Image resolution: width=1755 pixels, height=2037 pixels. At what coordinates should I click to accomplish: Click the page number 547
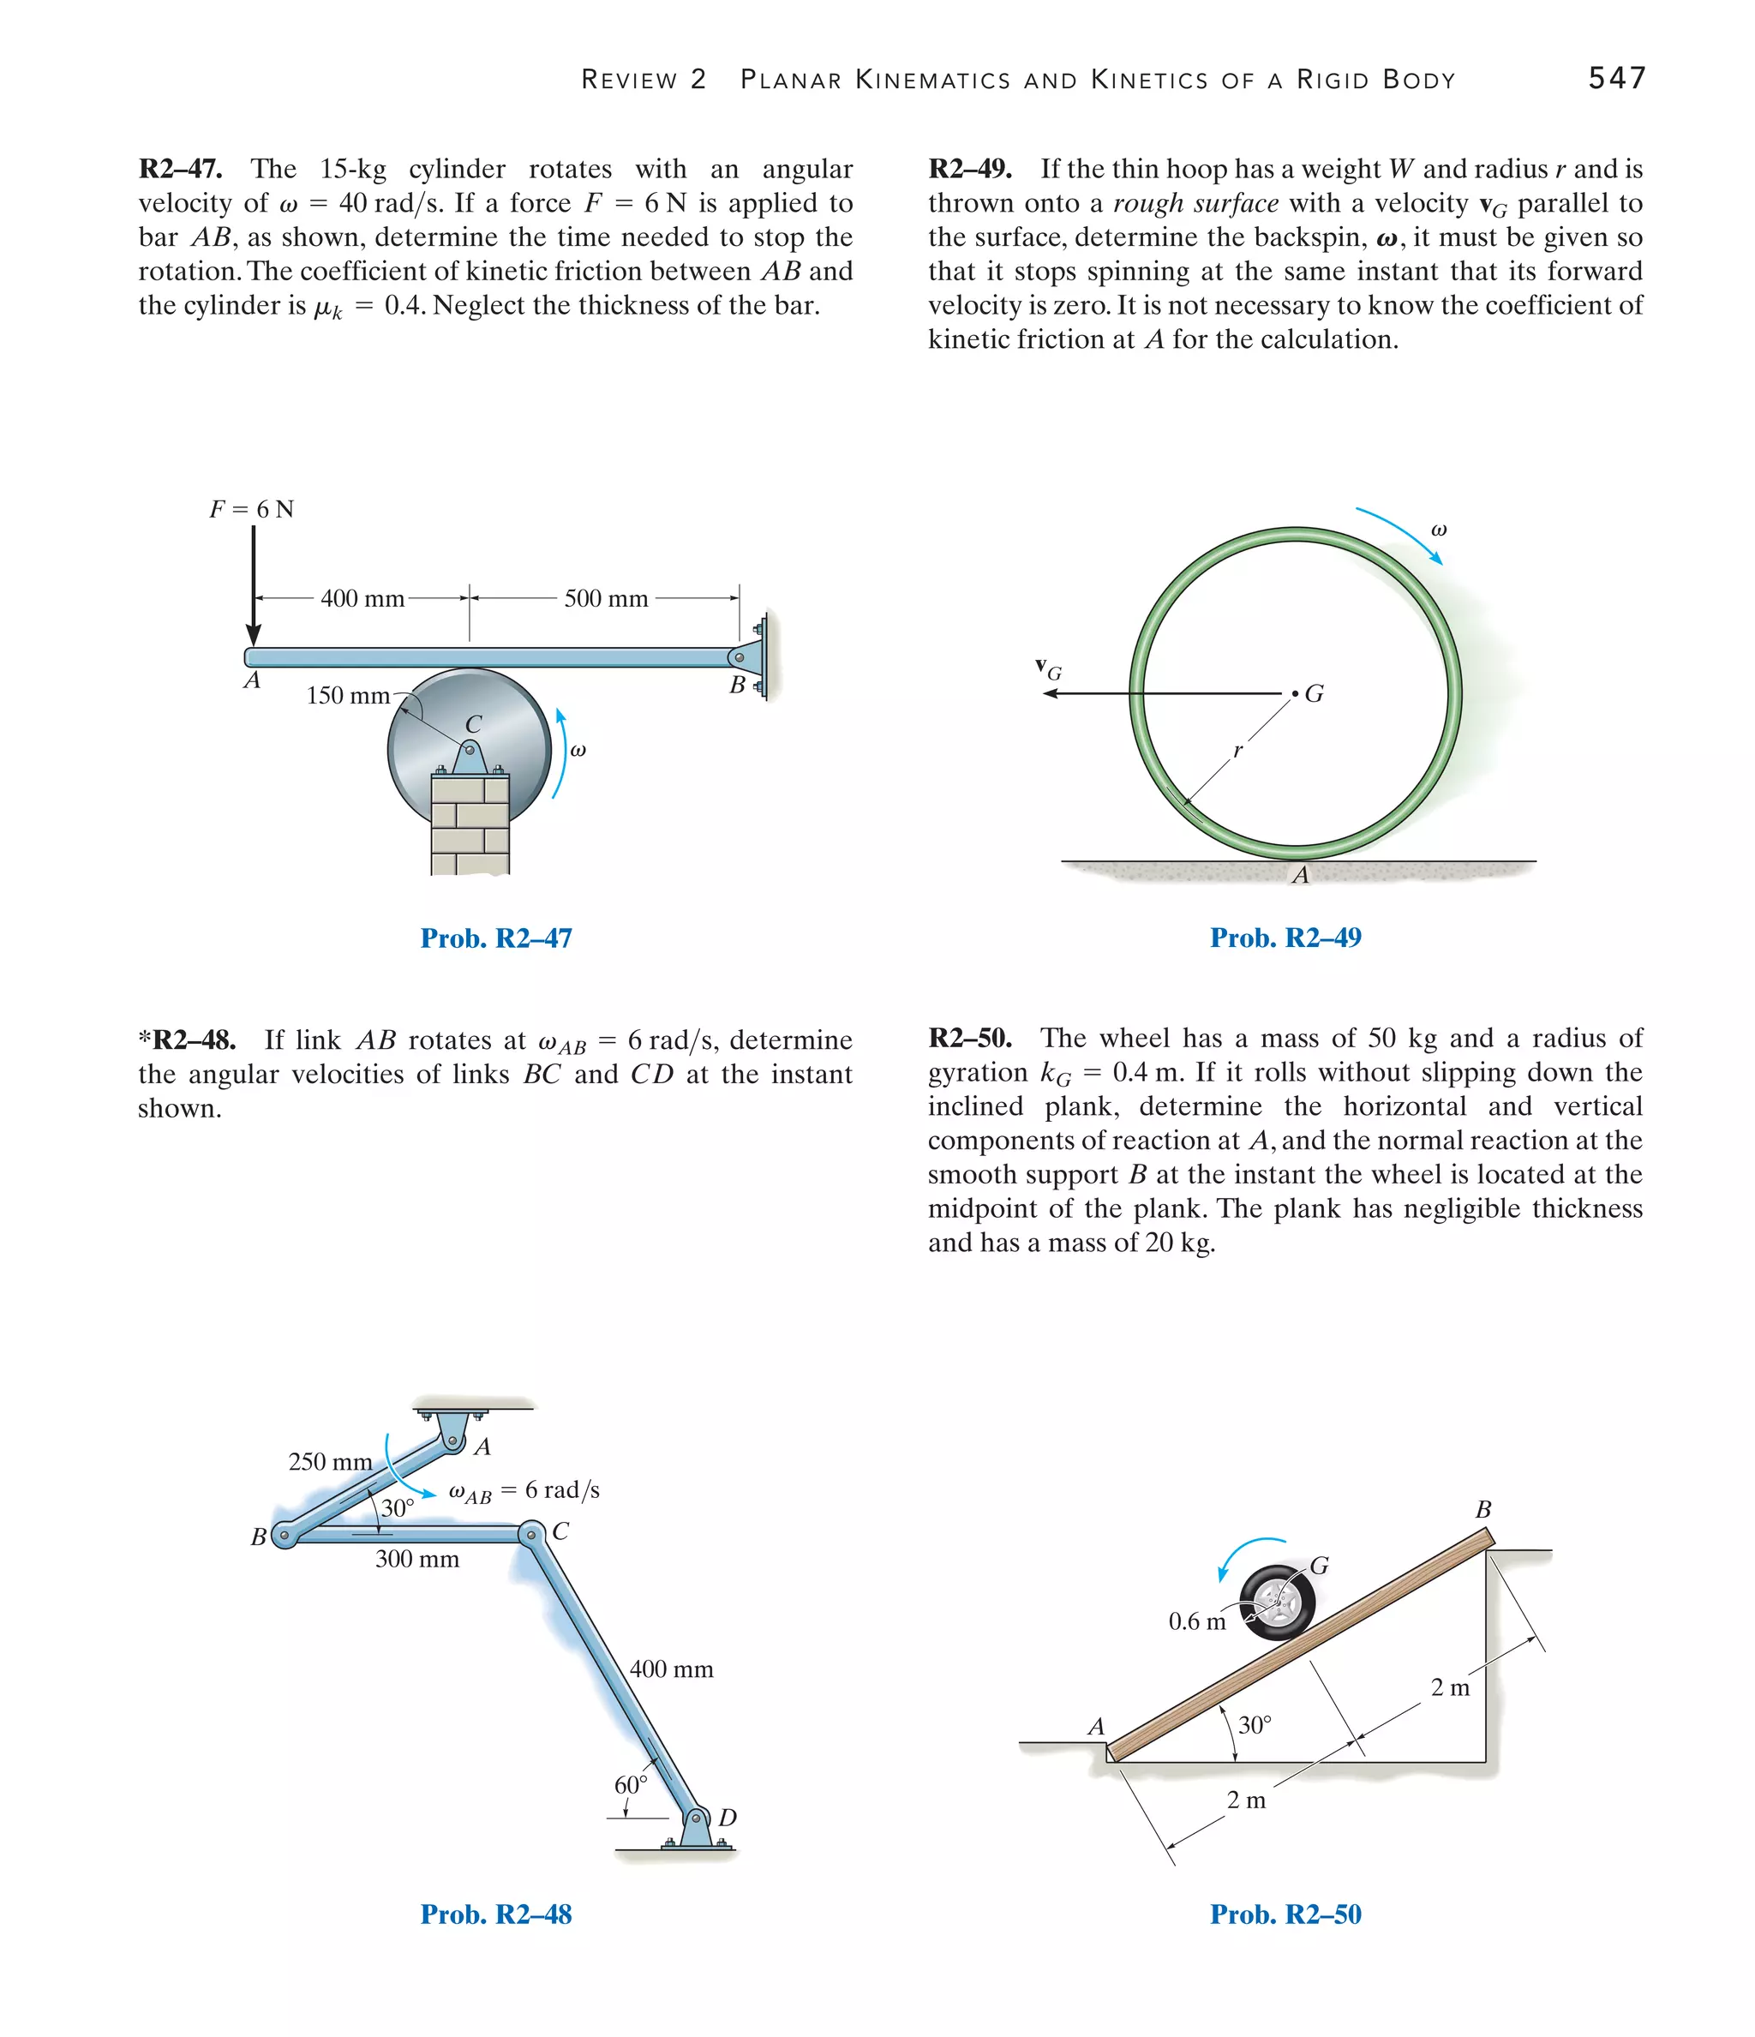[x=1615, y=78]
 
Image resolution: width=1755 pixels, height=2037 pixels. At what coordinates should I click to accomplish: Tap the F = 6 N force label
[x=252, y=509]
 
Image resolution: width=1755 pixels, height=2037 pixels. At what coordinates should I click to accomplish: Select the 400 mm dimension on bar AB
[x=362, y=599]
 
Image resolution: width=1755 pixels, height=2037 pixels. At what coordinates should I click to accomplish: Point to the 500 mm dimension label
[x=606, y=599]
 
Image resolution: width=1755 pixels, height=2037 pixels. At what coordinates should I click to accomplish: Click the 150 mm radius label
[x=347, y=696]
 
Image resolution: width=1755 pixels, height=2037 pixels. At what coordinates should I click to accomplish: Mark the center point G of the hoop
[x=1296, y=694]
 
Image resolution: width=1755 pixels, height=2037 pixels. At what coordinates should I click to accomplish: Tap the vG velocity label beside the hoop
[x=1048, y=669]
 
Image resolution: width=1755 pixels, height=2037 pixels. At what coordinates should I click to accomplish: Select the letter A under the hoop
[x=1300, y=875]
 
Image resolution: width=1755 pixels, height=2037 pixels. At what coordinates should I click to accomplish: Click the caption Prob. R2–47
[x=495, y=938]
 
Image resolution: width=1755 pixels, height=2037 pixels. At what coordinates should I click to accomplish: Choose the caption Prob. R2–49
[x=1285, y=938]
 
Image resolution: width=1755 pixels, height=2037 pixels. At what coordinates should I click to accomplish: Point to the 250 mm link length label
[x=331, y=1462]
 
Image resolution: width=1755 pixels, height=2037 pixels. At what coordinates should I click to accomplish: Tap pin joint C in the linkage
[x=531, y=1534]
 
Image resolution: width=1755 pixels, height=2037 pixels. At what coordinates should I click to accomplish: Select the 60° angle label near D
[x=630, y=1784]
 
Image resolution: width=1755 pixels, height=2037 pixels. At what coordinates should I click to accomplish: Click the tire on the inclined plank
[x=1277, y=1603]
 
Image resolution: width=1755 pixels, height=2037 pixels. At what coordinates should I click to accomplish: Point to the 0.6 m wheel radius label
[x=1196, y=1621]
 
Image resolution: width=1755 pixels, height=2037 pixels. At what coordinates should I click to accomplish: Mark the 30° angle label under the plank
[x=1255, y=1725]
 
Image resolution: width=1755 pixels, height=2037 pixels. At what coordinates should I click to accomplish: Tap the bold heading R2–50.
[x=969, y=1038]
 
